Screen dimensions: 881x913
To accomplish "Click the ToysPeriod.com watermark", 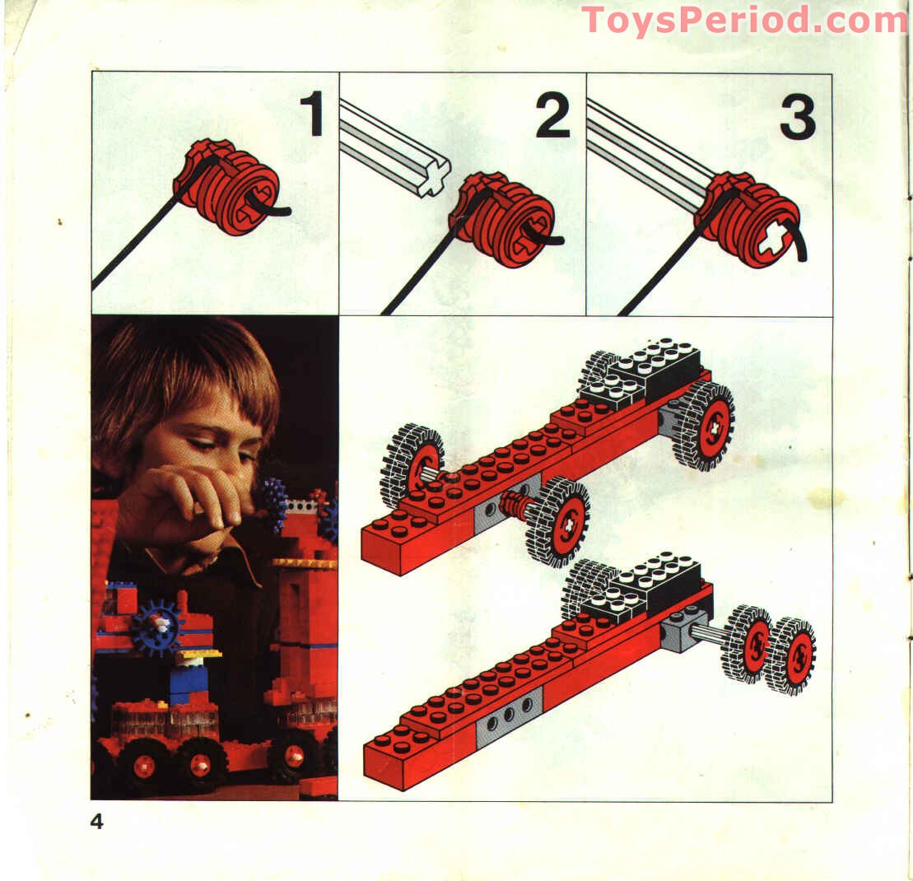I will pos(743,20).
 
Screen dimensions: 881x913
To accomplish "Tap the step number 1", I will pos(311,114).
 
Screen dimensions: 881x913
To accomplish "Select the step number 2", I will pos(552,114).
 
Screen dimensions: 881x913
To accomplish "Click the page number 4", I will pos(97,821).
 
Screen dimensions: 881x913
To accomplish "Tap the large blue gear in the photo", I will pos(156,627).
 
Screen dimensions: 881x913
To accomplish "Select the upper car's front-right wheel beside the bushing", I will pos(559,522).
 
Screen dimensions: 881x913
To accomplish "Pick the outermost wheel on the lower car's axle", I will pos(789,655).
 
